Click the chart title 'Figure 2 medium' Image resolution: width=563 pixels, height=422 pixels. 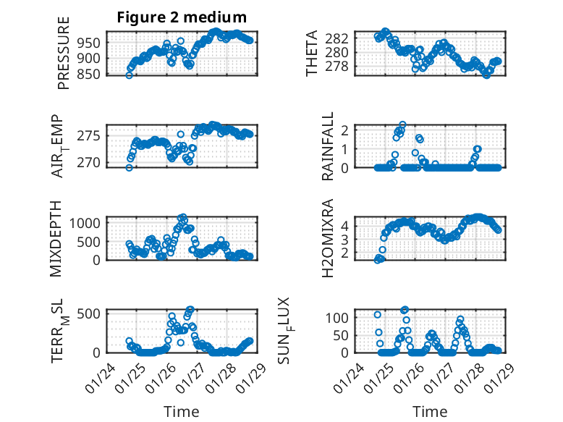[x=182, y=17]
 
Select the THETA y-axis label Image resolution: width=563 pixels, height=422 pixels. [x=312, y=54]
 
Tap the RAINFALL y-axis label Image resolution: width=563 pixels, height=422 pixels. [x=327, y=146]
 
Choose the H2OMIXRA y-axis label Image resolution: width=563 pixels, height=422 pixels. [x=327, y=239]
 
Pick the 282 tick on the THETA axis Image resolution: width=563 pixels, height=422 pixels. [x=342, y=38]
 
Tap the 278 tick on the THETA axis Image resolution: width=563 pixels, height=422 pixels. [x=342, y=67]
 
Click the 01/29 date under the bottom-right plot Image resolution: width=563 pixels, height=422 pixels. [x=494, y=375]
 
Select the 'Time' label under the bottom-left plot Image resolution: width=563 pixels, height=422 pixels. [x=182, y=411]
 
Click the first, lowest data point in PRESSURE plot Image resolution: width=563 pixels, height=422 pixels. [x=129, y=75]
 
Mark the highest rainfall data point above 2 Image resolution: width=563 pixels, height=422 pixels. [x=402, y=125]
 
